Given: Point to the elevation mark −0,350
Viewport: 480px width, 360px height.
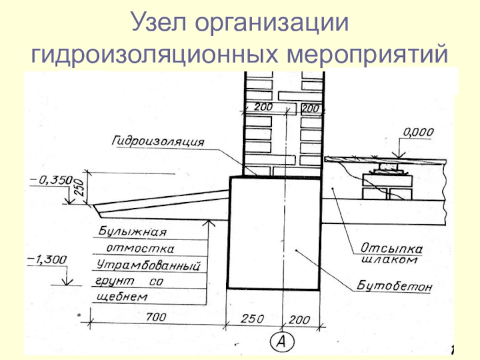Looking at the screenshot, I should (50, 179).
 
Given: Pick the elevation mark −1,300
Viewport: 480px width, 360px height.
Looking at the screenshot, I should (47, 259).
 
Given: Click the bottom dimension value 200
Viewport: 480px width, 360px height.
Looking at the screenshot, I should (299, 318).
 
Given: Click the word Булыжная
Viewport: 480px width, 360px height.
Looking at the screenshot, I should (133, 231).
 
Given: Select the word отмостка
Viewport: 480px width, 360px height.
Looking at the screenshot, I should (140, 248).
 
